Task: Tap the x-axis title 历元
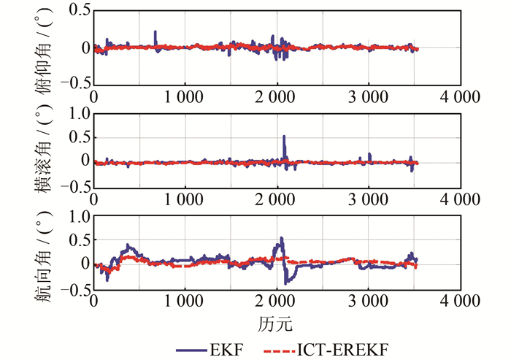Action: point(276,322)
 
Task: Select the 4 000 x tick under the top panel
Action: point(460,97)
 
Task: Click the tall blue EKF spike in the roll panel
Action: point(284,137)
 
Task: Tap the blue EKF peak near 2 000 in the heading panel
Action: point(281,240)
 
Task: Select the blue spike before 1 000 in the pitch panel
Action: point(155,33)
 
